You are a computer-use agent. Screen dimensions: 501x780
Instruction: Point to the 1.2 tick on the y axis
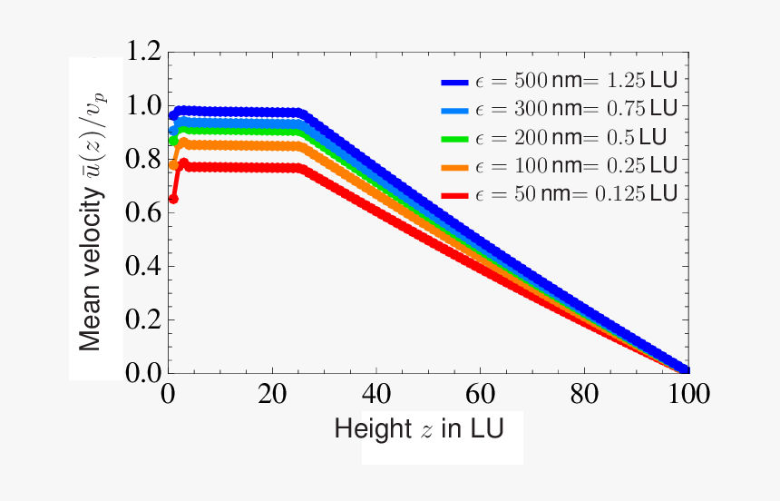(x=144, y=52)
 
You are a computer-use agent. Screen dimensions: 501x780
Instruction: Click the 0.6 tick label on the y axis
(x=144, y=212)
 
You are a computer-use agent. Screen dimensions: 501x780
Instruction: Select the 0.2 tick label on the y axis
(x=144, y=319)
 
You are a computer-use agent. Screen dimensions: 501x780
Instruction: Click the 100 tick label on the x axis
(x=686, y=396)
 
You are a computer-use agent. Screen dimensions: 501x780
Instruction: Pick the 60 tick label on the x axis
(x=480, y=396)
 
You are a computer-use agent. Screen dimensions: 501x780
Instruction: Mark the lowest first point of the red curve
(x=173, y=199)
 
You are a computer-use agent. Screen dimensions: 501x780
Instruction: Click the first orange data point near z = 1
(x=173, y=165)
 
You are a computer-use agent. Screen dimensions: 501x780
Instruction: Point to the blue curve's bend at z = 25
(x=300, y=113)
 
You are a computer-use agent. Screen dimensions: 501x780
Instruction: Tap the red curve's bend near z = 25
(x=299, y=169)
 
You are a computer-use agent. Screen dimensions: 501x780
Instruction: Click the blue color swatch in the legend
(x=454, y=82)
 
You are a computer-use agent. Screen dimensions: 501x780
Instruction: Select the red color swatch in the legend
(x=454, y=195)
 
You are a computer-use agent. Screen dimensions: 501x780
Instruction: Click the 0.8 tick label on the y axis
(x=144, y=159)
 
